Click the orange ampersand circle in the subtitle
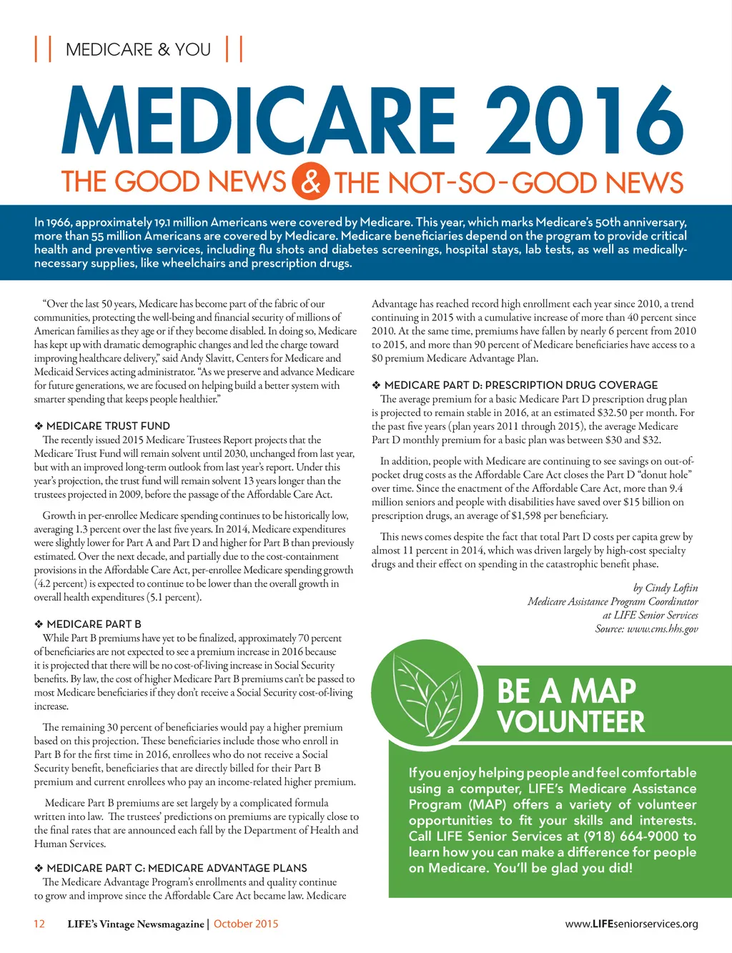coord(310,181)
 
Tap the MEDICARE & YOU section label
coord(138,49)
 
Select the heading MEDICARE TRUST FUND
coord(108,426)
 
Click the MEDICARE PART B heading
coord(94,624)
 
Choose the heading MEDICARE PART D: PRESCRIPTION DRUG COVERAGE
coord(520,385)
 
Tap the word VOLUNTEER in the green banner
coord(571,721)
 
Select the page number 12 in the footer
coord(39,924)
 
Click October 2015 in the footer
coord(246,924)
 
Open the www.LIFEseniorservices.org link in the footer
coord(631,924)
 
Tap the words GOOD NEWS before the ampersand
coord(201,182)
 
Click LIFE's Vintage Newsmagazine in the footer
coord(136,924)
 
